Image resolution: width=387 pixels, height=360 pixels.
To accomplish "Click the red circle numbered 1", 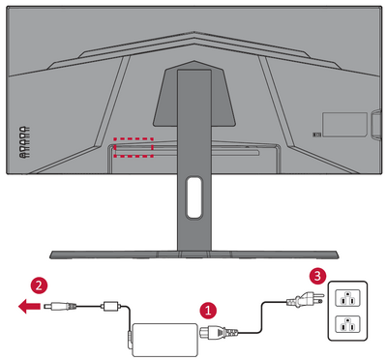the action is pyautogui.click(x=208, y=311).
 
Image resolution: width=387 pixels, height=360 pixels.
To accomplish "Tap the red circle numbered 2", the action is pyautogui.click(x=39, y=285).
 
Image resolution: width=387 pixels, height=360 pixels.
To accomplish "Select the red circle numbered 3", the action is pyautogui.click(x=317, y=276).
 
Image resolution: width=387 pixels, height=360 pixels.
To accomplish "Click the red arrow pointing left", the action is pyautogui.click(x=30, y=306).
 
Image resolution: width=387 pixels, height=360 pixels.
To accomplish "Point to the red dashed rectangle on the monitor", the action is pyautogui.click(x=134, y=147).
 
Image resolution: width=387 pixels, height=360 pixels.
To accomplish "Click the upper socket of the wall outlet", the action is pyautogui.click(x=347, y=297).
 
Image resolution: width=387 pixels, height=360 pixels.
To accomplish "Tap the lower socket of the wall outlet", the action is pyautogui.click(x=347, y=324).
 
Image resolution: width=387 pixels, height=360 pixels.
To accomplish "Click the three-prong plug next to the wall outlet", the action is pyautogui.click(x=305, y=301).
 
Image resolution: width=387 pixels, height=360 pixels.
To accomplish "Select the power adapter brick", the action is pyautogui.click(x=165, y=340).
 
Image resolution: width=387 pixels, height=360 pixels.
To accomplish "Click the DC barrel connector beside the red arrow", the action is pyautogui.click(x=60, y=305).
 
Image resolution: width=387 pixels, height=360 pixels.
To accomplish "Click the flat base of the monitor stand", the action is pyautogui.click(x=193, y=255).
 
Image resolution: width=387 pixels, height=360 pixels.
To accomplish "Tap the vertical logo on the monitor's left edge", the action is pyautogui.click(x=24, y=142).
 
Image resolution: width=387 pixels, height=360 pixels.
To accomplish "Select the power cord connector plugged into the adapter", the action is pyautogui.click(x=219, y=332).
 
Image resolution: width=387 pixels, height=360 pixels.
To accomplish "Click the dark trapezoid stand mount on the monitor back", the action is pyautogui.click(x=193, y=94).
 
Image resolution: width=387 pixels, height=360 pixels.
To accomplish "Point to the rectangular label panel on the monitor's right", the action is pyautogui.click(x=344, y=124).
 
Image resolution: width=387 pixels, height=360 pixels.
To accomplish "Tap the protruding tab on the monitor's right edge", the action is pyautogui.click(x=375, y=125).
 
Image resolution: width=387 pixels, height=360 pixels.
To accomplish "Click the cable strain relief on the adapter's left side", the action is pyautogui.click(x=130, y=338).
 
